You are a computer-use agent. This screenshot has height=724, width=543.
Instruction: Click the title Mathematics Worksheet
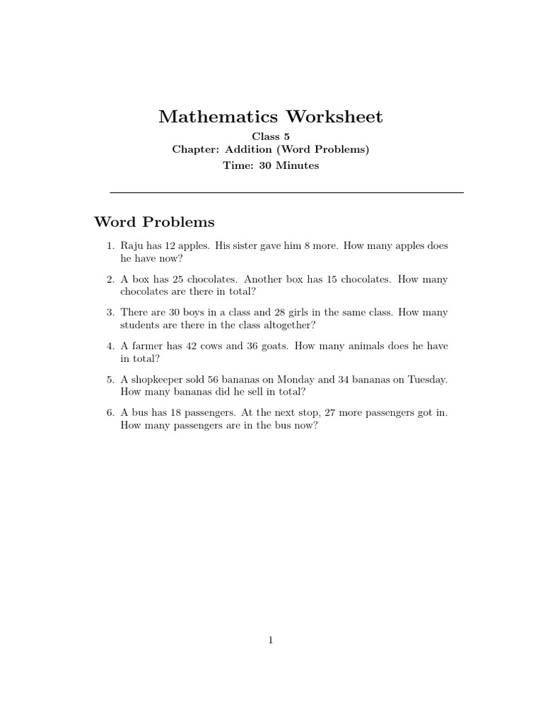pyautogui.click(x=271, y=117)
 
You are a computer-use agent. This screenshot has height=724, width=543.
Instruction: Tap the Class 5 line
pyautogui.click(x=271, y=136)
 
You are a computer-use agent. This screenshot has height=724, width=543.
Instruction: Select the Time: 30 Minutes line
pyautogui.click(x=271, y=165)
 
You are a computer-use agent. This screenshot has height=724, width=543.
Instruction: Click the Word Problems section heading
pyautogui.click(x=154, y=223)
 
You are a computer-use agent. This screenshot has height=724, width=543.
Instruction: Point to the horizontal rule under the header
pyautogui.click(x=287, y=192)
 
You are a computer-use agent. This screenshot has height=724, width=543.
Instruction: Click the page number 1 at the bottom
pyautogui.click(x=271, y=641)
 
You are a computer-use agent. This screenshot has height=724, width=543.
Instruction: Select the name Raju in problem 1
pyautogui.click(x=132, y=245)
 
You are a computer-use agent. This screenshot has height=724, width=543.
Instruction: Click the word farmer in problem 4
pyautogui.click(x=146, y=346)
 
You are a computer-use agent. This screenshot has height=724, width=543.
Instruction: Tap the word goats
pyautogui.click(x=273, y=346)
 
